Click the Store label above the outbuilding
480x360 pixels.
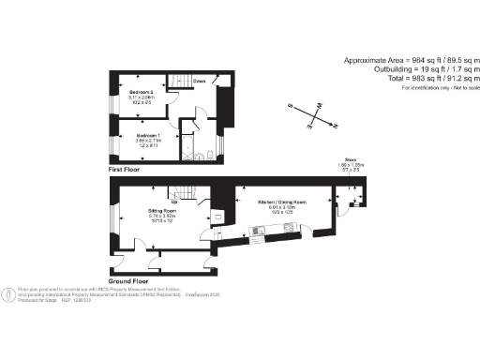349,162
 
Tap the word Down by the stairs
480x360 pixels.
199,82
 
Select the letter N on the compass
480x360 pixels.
336,126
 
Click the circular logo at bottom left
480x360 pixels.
7,293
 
